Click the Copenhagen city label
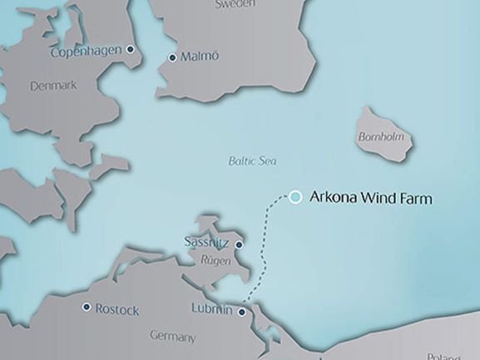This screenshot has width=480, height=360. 86,52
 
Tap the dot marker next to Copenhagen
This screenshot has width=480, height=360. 130,50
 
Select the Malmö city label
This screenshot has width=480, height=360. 200,57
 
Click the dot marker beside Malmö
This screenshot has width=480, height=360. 172,57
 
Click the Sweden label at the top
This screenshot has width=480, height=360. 235,4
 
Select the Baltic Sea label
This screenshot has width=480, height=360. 253,161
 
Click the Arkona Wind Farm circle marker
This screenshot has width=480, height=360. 295,197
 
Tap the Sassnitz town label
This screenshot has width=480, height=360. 206,242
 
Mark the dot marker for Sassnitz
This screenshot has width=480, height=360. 239,244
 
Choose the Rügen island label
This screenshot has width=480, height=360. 215,259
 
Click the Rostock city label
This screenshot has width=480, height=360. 117,309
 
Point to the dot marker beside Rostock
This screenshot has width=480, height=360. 86,307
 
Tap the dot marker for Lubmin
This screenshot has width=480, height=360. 242,313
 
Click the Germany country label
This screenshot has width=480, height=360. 172,337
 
